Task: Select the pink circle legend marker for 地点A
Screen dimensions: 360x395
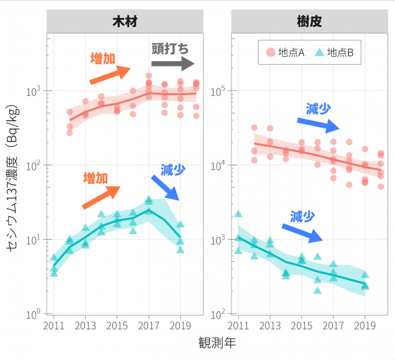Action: click(x=270, y=53)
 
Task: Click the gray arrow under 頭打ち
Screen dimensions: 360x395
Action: click(x=173, y=64)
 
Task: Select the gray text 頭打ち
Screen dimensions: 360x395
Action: click(x=170, y=48)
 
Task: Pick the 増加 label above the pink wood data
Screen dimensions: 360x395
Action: click(x=102, y=59)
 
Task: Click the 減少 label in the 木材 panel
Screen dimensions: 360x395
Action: click(x=173, y=169)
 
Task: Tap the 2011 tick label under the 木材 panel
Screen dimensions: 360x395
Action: click(x=54, y=325)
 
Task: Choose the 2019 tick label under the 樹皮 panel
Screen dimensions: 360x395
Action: click(x=365, y=325)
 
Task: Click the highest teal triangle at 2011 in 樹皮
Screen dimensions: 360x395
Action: click(x=238, y=214)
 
